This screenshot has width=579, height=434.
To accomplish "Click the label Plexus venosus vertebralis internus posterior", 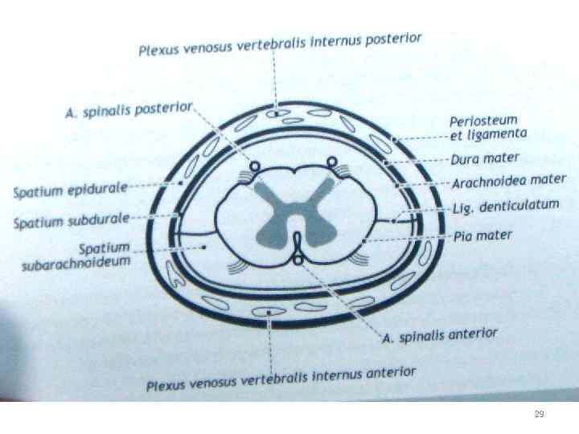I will (x=280, y=45).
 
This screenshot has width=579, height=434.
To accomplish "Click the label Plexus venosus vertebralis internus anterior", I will (x=281, y=379).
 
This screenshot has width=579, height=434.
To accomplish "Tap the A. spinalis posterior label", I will (x=129, y=110).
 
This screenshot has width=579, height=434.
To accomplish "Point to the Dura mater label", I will (x=485, y=158).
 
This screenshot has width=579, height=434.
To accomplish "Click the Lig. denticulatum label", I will (x=504, y=207).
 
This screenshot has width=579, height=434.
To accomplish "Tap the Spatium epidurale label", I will (x=71, y=190).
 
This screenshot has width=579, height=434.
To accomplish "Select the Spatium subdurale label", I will (x=72, y=219).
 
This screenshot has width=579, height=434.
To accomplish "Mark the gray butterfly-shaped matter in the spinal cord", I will (x=289, y=211).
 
